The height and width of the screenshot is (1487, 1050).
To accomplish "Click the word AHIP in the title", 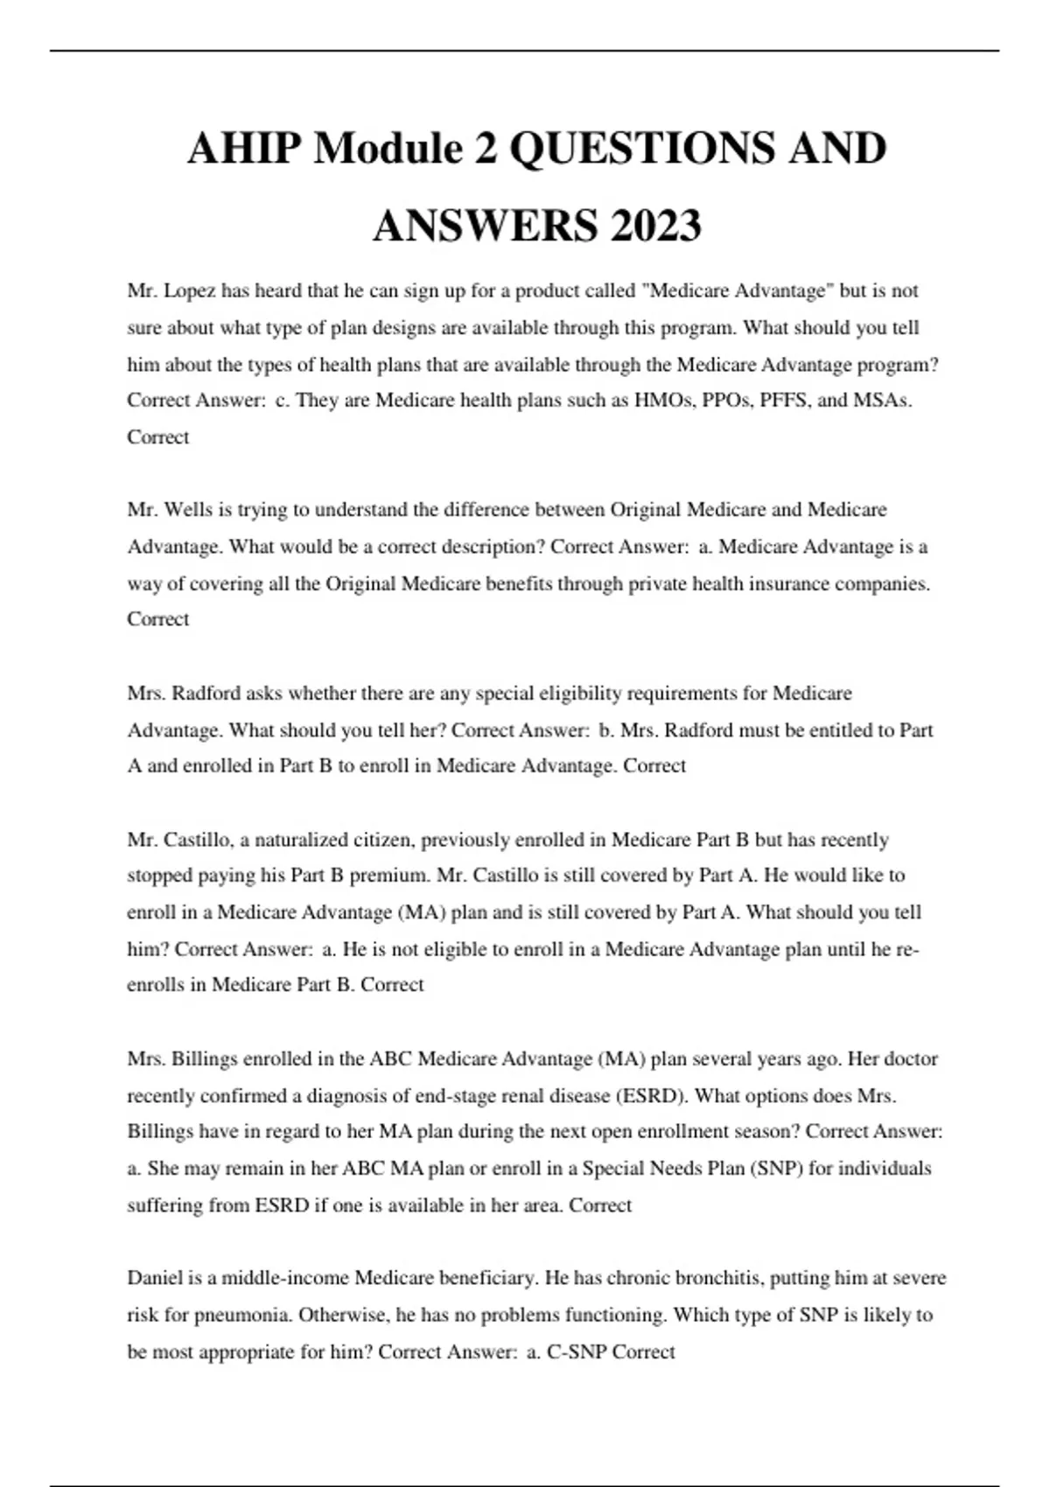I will pyautogui.click(x=244, y=148).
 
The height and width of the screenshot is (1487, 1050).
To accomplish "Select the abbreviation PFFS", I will pyautogui.click(x=784, y=401).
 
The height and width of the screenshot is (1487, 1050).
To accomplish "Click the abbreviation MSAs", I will pyautogui.click(x=882, y=401).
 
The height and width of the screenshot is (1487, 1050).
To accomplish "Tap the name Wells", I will pyautogui.click(x=189, y=510).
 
